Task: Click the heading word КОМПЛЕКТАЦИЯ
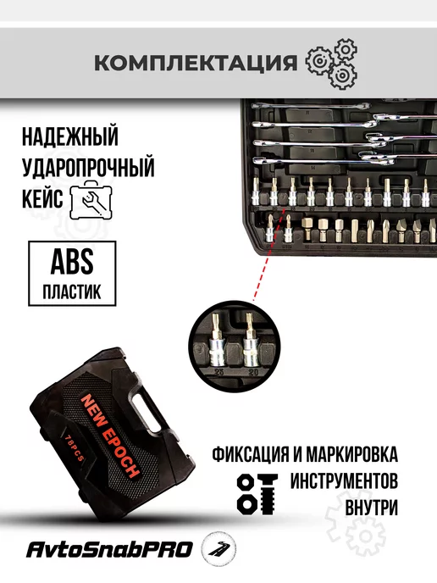[196, 63]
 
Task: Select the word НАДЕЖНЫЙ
[69, 136]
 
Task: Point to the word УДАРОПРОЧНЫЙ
[88, 167]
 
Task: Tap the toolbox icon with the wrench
[91, 200]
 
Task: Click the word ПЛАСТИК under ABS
[72, 292]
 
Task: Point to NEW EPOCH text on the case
[111, 436]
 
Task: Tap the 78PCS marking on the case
[72, 448]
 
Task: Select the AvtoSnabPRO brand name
[109, 550]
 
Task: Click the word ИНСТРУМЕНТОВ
[344, 481]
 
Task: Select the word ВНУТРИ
[372, 508]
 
